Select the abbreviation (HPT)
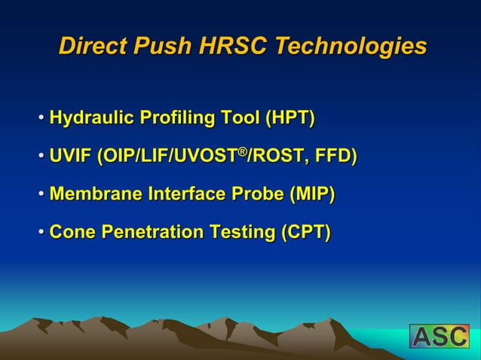290,118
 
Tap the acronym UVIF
70,157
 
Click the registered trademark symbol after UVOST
243,152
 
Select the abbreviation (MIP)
309,195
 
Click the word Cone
71,233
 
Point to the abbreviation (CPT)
305,233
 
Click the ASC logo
439,336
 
